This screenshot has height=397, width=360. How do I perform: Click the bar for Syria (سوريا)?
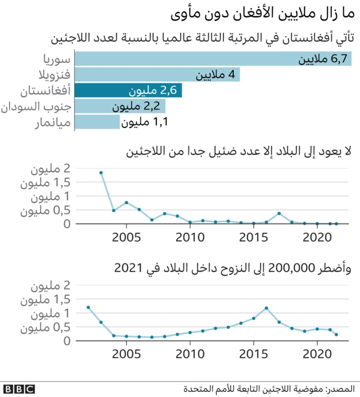tap(214, 59)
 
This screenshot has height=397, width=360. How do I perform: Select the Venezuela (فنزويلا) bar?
tap(157, 75)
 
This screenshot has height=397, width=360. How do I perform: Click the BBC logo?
tap(19, 389)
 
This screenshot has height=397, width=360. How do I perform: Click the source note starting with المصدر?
tap(269, 389)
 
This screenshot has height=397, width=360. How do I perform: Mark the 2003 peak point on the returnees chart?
tap(101, 173)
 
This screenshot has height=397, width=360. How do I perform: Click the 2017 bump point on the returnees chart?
tap(279, 213)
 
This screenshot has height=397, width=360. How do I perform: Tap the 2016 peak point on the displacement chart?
tap(266, 308)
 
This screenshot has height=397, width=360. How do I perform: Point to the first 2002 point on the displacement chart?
tap(88, 308)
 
